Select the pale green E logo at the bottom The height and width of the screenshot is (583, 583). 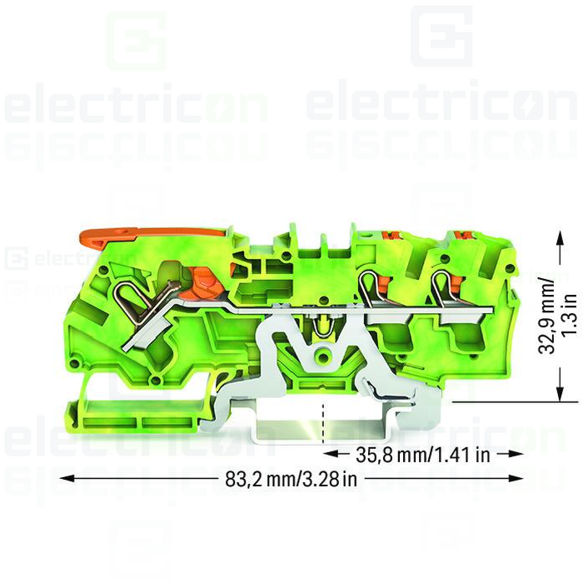447,541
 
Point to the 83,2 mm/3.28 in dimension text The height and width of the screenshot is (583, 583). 291,479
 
